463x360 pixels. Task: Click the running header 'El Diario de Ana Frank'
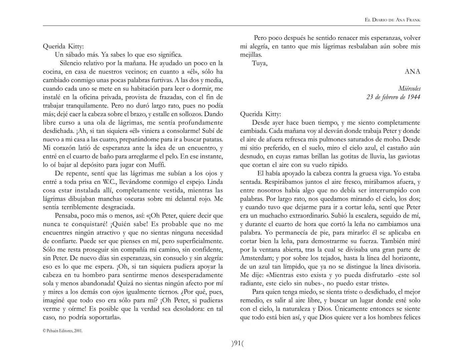(x=392, y=20)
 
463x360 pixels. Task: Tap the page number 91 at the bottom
(x=237, y=343)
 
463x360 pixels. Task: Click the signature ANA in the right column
(x=412, y=72)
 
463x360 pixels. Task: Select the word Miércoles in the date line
(x=409, y=89)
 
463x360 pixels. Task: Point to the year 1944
(x=414, y=97)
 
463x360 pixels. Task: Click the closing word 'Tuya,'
(x=260, y=63)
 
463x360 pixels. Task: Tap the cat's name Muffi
(x=156, y=165)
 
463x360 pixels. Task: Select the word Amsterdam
(x=256, y=258)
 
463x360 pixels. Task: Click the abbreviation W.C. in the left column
(x=109, y=182)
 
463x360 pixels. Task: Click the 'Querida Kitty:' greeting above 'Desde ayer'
(x=261, y=114)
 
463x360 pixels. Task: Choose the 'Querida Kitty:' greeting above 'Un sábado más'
(x=63, y=46)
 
